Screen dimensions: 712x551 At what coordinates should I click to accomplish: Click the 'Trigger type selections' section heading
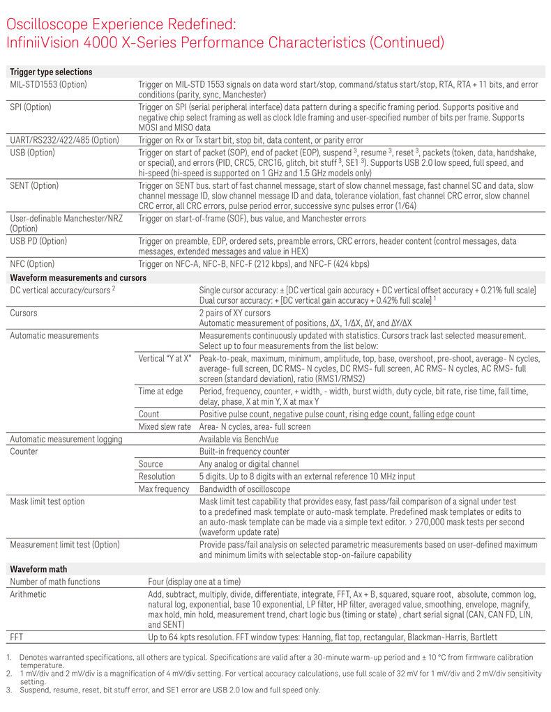click(x=50, y=72)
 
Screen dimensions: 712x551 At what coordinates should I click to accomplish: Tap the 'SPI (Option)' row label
click(x=31, y=107)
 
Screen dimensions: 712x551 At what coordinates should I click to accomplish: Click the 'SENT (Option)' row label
click(x=33, y=186)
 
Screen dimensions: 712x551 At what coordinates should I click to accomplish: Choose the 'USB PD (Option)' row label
click(x=38, y=241)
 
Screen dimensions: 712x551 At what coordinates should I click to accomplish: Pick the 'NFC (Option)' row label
click(x=32, y=264)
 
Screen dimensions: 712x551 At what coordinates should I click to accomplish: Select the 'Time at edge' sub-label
click(x=160, y=392)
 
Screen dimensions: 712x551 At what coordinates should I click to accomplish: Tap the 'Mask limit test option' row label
click(x=47, y=501)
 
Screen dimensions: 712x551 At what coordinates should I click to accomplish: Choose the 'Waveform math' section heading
click(x=38, y=568)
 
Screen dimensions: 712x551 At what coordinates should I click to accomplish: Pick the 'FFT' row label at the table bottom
click(x=17, y=637)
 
